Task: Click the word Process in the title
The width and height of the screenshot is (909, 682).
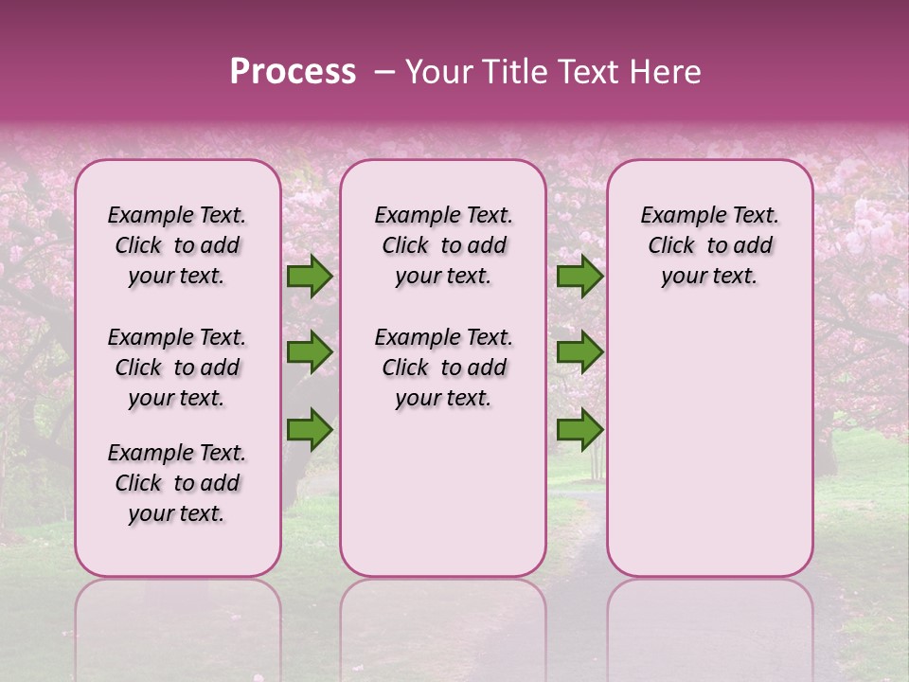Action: (293, 72)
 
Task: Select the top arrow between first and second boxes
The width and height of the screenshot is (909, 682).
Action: (310, 277)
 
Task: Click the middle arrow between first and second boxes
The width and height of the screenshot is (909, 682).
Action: (310, 352)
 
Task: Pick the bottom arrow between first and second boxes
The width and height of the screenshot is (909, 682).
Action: (310, 429)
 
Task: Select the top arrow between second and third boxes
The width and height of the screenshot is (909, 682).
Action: (579, 277)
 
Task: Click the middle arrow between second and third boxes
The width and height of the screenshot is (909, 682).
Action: (579, 352)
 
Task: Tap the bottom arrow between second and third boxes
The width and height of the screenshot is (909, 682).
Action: (579, 429)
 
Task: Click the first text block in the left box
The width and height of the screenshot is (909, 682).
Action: (177, 245)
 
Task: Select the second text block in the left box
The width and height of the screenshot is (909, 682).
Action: (177, 368)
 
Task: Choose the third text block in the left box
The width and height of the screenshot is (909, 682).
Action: (177, 483)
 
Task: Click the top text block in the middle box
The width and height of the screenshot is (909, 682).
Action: (443, 245)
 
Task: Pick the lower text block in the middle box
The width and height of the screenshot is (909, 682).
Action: (443, 368)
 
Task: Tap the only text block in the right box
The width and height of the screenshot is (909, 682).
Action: (709, 245)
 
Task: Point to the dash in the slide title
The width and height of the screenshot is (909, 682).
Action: (384, 72)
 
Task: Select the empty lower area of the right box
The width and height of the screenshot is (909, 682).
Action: (709, 436)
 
